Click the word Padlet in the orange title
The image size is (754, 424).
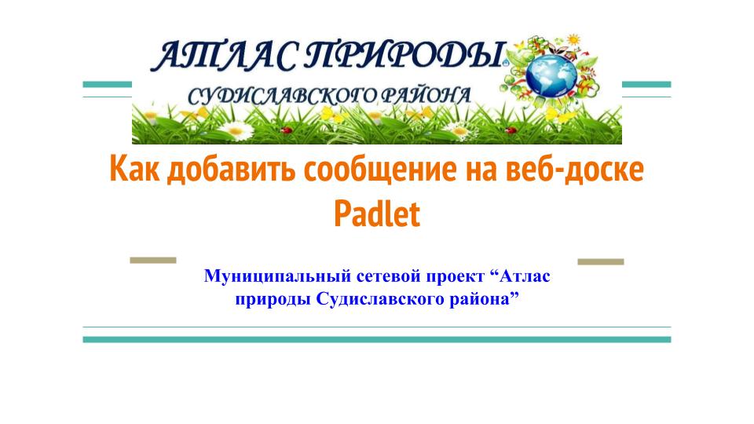[x=377, y=214]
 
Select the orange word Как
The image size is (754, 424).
[x=134, y=170]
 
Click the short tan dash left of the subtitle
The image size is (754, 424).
[x=153, y=260]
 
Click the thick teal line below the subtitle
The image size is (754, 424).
[x=377, y=340]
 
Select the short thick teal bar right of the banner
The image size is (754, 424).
[x=646, y=84]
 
